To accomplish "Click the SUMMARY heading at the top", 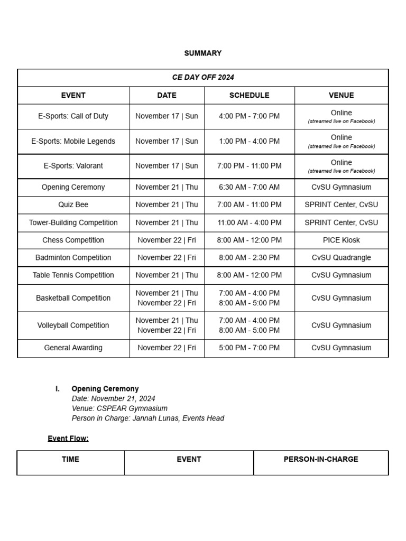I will point(202,53).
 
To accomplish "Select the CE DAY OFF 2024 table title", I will point(203,77).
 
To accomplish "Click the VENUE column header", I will point(341,95).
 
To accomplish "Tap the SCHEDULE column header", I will point(249,95).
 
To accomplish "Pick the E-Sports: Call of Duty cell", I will point(73,116).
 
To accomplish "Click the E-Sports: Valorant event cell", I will point(73,166).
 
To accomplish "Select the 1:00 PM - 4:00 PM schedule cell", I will point(249,141).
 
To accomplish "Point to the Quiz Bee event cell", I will point(73,204).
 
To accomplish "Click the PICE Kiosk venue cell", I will point(341,240).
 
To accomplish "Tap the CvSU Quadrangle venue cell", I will point(341,258).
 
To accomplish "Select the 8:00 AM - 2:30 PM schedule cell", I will point(249,258).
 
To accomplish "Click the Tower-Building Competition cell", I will point(73,222).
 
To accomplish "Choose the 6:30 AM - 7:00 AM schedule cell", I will point(249,187).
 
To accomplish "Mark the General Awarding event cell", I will point(73,348).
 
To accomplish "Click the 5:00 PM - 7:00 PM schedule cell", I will point(249,348).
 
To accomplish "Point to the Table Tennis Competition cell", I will point(73,275).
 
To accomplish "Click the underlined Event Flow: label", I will point(68,439).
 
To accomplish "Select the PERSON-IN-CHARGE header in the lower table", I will point(320,459).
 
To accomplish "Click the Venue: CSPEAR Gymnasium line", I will point(119,408).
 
